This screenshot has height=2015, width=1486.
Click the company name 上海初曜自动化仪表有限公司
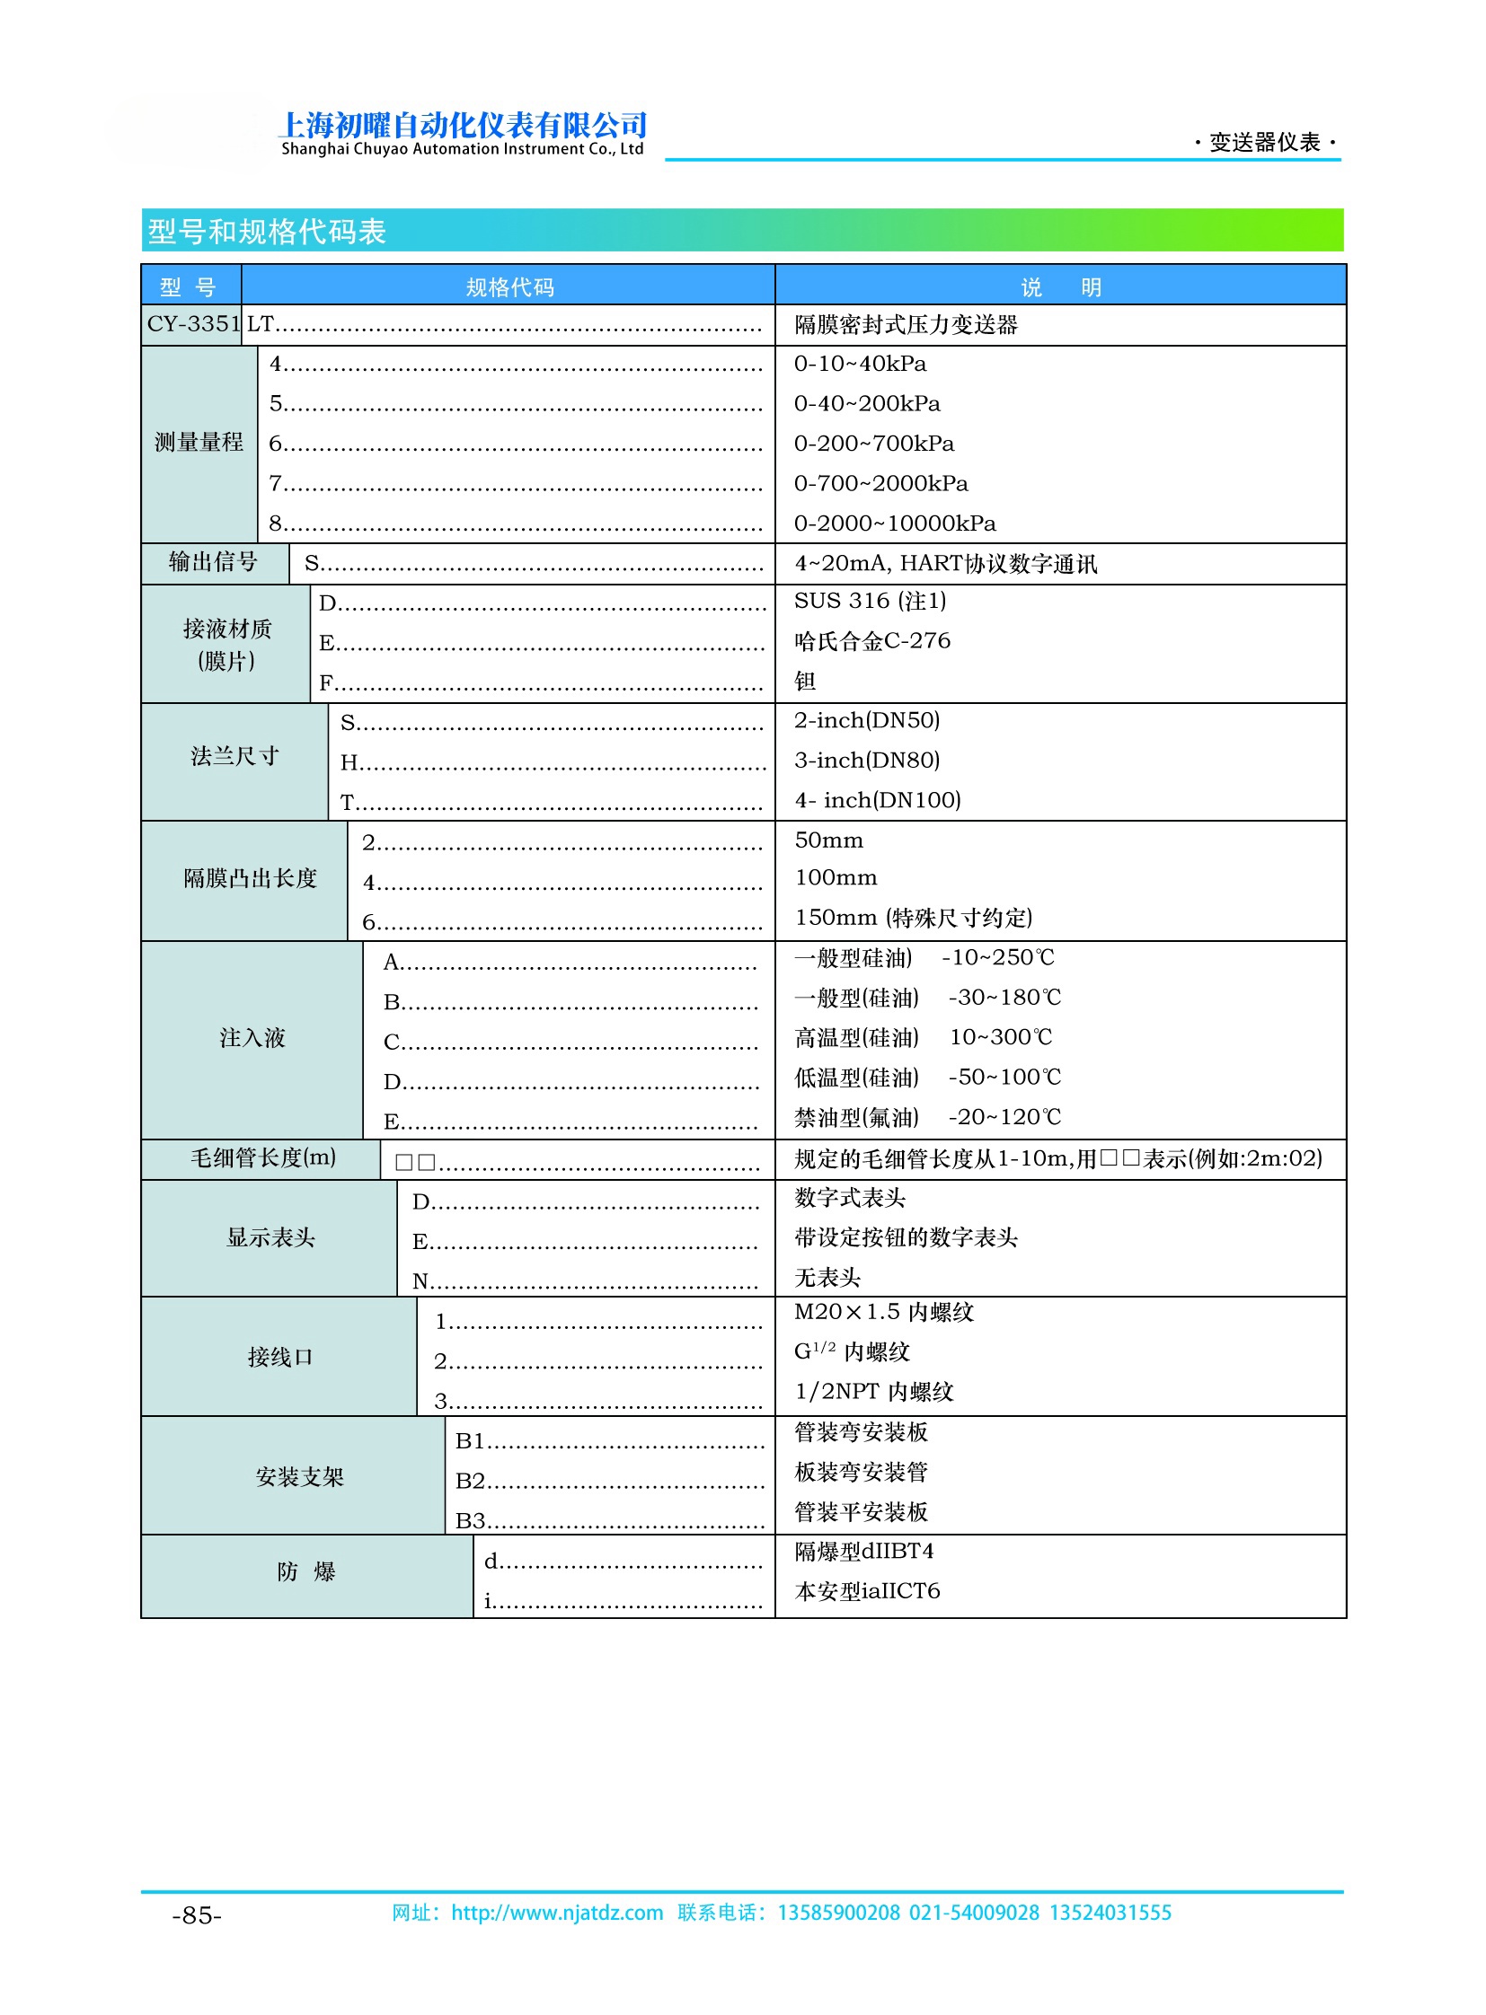pos(464,125)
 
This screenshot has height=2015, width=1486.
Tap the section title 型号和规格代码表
pos(266,232)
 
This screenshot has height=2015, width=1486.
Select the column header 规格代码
pos(509,286)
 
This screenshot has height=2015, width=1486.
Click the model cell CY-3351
pos(193,324)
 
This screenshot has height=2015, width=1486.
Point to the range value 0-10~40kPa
pos(859,365)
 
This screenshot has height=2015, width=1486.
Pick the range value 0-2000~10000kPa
pos(894,524)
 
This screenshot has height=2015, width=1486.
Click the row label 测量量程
pos(199,443)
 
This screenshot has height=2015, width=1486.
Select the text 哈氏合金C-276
pos(871,641)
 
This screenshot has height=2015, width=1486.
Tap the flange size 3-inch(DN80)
pos(866,761)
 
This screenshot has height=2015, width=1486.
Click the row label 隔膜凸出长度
pos(250,878)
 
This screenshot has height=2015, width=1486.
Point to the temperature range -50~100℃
pos(1004,1078)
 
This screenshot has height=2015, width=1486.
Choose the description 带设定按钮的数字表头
pos(905,1238)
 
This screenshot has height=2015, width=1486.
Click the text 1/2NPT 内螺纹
pos(873,1392)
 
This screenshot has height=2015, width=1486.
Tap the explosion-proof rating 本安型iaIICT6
pos(866,1591)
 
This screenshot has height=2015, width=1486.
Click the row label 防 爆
pos(305,1571)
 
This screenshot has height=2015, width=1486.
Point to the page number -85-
pos(196,1916)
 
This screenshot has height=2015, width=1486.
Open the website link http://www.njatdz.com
pos(557,1913)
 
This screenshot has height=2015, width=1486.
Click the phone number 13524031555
pos(1110,1913)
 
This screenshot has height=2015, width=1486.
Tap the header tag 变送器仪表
pos(1264,142)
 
